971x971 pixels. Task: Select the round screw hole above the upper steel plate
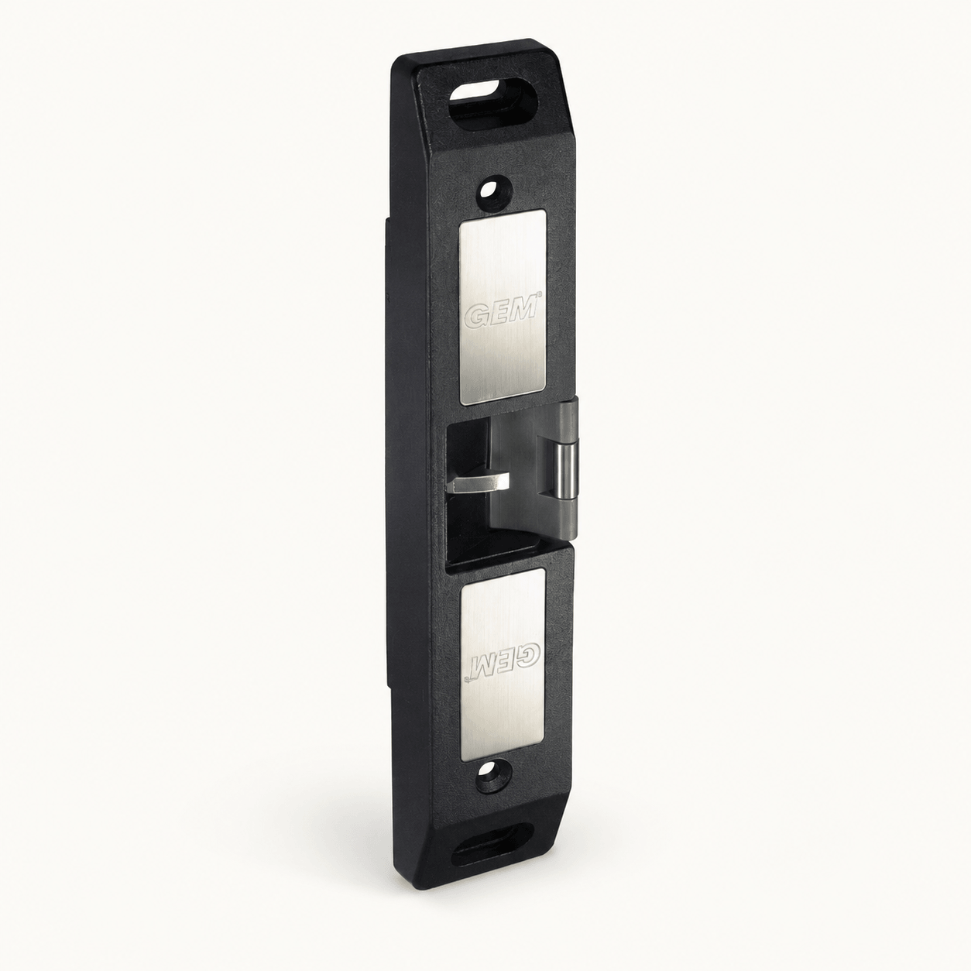[x=495, y=191]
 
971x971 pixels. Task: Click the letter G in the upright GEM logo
[x=476, y=315]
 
